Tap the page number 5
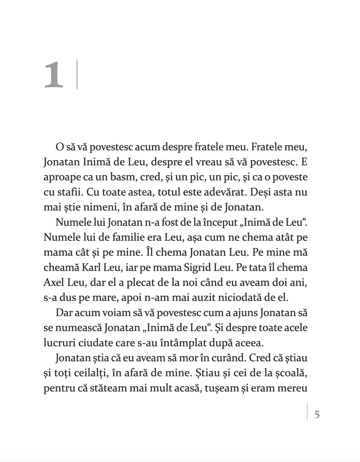(x=317, y=414)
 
